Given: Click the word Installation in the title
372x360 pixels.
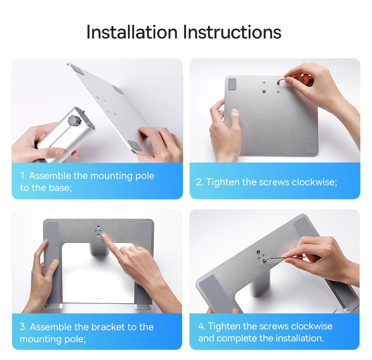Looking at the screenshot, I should tap(132, 32).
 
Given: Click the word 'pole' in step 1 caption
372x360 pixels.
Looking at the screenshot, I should tap(144, 176).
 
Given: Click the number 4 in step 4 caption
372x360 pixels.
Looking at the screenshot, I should tap(201, 326).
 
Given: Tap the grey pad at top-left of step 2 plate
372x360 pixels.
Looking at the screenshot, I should tap(232, 84).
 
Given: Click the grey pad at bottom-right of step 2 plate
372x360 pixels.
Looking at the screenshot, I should tap(311, 146).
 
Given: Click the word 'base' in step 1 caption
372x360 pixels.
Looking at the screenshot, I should tap(62, 188).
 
